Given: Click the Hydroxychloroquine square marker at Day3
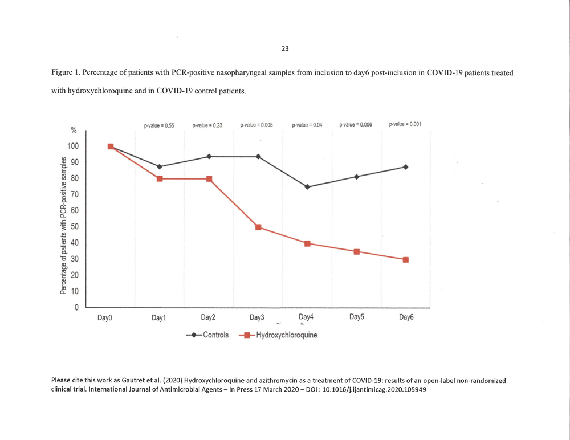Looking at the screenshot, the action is pyautogui.click(x=258, y=227).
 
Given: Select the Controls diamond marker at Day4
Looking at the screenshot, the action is pyautogui.click(x=307, y=187).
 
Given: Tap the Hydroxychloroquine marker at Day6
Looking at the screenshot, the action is pyautogui.click(x=406, y=260).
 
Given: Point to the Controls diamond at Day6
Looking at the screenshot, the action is pyautogui.click(x=406, y=167).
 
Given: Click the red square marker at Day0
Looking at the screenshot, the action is pyautogui.click(x=111, y=146).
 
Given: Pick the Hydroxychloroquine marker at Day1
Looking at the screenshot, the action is pyautogui.click(x=160, y=178).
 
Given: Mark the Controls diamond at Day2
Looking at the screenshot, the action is pyautogui.click(x=209, y=156).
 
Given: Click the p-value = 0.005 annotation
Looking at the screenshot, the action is pyautogui.click(x=256, y=125).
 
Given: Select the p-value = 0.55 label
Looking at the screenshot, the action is pyautogui.click(x=159, y=125).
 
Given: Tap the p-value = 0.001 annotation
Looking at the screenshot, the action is pyautogui.click(x=405, y=124).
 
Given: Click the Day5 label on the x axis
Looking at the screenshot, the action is pyautogui.click(x=357, y=317).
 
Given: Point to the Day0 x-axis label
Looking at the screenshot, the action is pyautogui.click(x=105, y=318).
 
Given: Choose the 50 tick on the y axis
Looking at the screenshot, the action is pyautogui.click(x=75, y=226).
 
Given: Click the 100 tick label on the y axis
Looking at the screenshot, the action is pyautogui.click(x=73, y=146).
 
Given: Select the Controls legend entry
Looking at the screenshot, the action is pyautogui.click(x=207, y=335).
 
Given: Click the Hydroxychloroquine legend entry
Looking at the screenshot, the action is pyautogui.click(x=278, y=335).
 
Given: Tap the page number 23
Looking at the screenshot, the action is pyautogui.click(x=285, y=48).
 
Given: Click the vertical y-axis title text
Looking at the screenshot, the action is pyautogui.click(x=63, y=225).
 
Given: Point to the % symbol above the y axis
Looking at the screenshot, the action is pyautogui.click(x=74, y=130).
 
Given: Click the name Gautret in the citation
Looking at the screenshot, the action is pyautogui.click(x=133, y=381).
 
